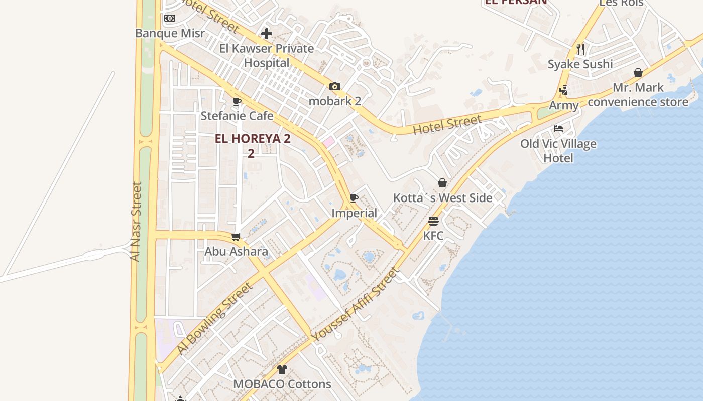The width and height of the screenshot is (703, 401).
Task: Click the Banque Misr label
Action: [170, 33]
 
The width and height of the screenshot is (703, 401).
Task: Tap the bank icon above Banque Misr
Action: [170, 18]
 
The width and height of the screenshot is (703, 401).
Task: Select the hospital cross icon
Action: [267, 34]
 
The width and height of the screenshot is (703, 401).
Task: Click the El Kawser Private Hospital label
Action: [267, 56]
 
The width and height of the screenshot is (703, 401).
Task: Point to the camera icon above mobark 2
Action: [335, 87]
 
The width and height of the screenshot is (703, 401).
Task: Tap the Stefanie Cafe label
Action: [237, 116]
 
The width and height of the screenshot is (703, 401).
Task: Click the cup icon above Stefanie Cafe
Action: [237, 102]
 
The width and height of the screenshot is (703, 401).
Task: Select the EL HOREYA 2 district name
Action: [253, 139]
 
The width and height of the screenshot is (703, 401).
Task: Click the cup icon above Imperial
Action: [354, 198]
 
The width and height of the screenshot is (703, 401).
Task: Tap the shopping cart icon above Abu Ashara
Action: [236, 237]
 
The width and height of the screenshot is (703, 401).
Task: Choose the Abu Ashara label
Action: [236, 251]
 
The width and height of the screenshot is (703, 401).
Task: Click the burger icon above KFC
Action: [433, 221]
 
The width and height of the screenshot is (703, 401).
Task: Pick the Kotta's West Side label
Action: [442, 198]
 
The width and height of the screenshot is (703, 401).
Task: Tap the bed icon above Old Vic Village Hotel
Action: [558, 129]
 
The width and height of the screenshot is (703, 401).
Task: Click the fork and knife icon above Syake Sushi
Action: [580, 49]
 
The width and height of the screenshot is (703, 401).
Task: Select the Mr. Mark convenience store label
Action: [638, 95]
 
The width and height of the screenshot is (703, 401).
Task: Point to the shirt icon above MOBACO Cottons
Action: [282, 370]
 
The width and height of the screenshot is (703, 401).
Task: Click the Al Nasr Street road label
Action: [136, 221]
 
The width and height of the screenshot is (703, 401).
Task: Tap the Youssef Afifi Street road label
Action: [355, 305]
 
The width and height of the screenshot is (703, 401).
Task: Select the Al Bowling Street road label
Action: [214, 318]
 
